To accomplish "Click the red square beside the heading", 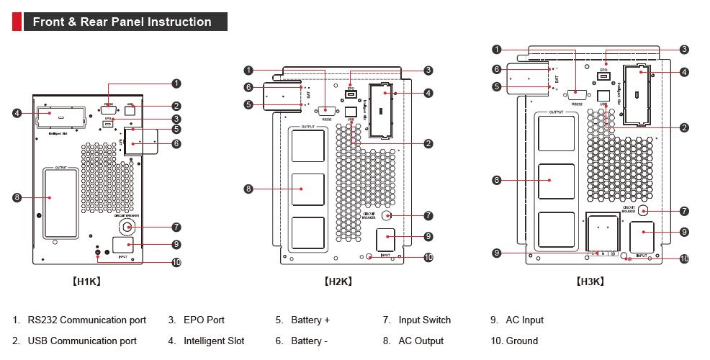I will [17, 22].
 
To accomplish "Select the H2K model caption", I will [338, 282].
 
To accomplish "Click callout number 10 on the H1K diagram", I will [176, 262].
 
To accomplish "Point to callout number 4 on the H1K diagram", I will [17, 113].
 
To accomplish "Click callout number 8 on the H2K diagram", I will [248, 189].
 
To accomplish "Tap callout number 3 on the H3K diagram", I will [684, 50].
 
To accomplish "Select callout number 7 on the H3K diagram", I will [684, 211].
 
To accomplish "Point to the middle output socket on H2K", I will [307, 189].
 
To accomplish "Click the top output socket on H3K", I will [557, 133].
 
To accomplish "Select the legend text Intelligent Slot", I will [214, 341].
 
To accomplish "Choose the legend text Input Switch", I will [424, 320].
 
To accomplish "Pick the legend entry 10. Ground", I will [514, 341].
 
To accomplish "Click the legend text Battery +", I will [310, 320].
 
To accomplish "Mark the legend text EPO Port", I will [204, 320].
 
